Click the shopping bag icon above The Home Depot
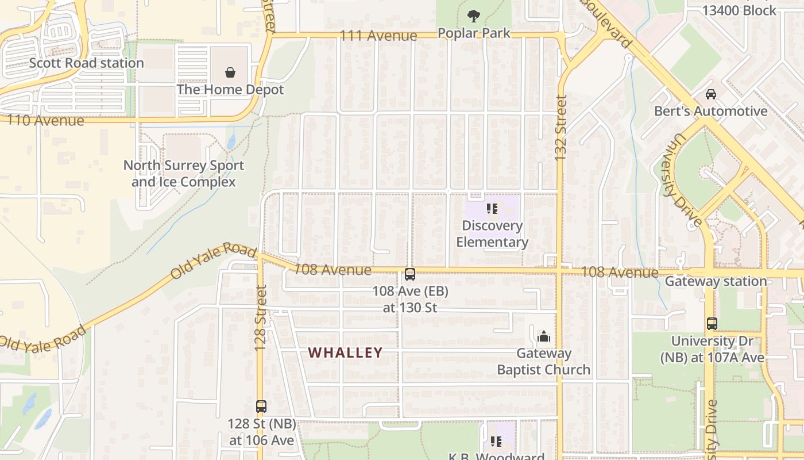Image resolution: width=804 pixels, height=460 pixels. [230, 72]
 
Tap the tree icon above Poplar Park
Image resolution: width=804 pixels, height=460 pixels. [474, 16]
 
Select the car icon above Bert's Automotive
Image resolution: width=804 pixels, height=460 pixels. [711, 94]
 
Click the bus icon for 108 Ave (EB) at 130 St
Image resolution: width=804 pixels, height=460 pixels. [409, 274]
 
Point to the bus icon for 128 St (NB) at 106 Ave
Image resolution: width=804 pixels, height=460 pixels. [261, 407]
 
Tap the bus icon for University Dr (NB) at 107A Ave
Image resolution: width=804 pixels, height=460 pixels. [712, 324]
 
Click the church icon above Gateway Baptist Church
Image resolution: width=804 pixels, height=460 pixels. [543, 336]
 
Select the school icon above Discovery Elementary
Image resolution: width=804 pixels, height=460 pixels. [492, 209]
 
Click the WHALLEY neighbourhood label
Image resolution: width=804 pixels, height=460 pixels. [346, 352]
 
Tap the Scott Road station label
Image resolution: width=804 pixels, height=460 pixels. [87, 63]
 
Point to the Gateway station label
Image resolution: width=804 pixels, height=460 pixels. [716, 281]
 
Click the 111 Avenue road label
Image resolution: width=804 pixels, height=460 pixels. [378, 36]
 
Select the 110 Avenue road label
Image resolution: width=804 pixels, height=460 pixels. [42, 121]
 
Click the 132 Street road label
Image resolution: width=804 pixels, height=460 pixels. [561, 128]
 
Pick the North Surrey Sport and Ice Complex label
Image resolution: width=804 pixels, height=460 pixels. [184, 174]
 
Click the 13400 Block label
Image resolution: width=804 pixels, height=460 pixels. [740, 10]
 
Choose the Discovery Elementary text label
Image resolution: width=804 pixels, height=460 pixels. [492, 234]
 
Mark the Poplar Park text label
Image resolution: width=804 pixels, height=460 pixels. [474, 33]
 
